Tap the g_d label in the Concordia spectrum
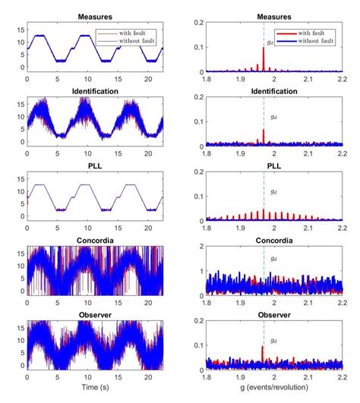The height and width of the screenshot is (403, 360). click(x=274, y=260)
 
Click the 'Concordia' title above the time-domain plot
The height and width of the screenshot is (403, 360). click(x=96, y=237)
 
